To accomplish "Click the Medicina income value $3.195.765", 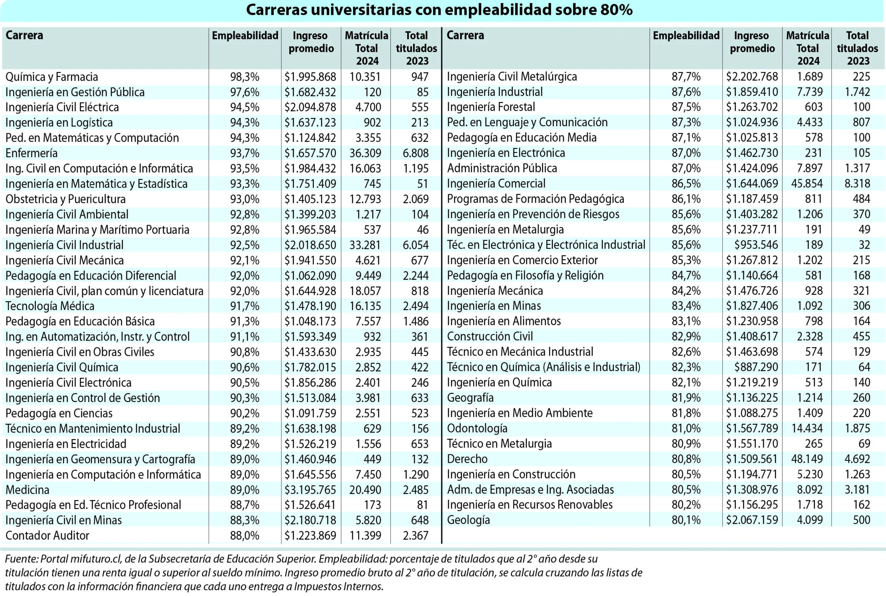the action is coord(310,489).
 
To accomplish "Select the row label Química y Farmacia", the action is coord(52,77).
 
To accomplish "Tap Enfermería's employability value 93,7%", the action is coord(244,153).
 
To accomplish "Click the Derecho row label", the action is coord(467,459).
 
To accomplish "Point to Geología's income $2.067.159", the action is coord(752,520).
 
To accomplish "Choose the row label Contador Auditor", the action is coord(47,535).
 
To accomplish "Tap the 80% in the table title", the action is coord(616,10).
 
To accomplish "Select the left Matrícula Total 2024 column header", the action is coord(367,48).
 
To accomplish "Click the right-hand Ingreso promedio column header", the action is coord(752,42).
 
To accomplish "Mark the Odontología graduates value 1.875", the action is coord(857,428).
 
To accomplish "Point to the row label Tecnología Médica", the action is coord(50,306).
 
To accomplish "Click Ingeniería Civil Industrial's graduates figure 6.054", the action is coord(415,245).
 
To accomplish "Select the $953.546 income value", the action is coord(756,245).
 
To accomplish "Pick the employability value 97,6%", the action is coord(244,92).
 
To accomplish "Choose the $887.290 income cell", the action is coord(756,367).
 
